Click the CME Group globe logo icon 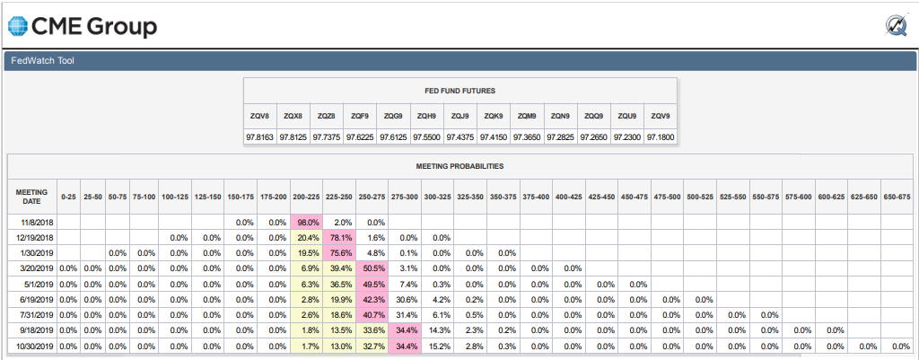(x=18, y=26)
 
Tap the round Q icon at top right (x=897, y=26)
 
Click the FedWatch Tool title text (x=43, y=60)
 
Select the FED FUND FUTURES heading (x=460, y=91)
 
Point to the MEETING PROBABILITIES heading (x=459, y=166)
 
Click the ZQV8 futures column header (x=259, y=116)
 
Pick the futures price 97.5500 (x=426, y=136)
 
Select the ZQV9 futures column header (x=660, y=116)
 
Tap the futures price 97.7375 (x=327, y=136)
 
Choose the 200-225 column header (x=305, y=197)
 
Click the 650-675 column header (x=897, y=197)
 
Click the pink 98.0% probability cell (x=305, y=223)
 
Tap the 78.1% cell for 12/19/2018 (x=338, y=238)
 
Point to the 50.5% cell (x=371, y=268)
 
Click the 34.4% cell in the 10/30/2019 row (x=404, y=346)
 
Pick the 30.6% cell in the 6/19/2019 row (x=404, y=299)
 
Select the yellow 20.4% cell (x=305, y=238)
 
